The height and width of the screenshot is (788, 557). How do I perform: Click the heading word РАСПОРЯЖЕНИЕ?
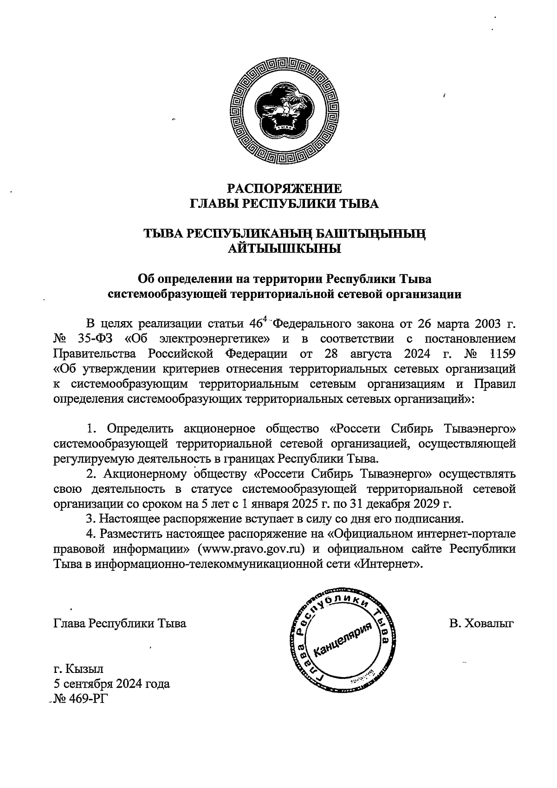(x=285, y=188)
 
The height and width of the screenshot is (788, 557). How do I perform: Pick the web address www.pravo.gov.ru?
(x=251, y=549)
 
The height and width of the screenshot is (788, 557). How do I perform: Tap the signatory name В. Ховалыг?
(x=481, y=623)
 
